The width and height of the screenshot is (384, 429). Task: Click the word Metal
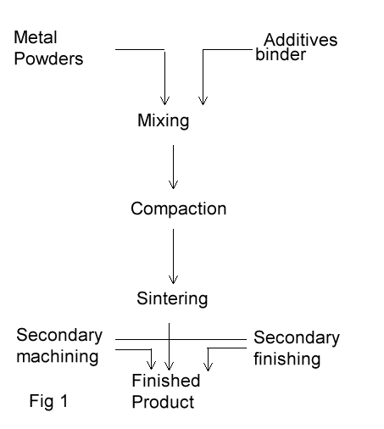[36, 37]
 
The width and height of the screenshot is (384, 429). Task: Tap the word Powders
[48, 58]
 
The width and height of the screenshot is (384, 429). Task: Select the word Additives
[301, 40]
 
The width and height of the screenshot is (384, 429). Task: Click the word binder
[281, 54]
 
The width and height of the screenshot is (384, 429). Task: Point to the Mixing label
[164, 121]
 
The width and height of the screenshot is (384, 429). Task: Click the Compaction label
[179, 209]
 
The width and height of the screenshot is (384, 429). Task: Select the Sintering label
[172, 298]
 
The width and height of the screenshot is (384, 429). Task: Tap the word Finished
[166, 381]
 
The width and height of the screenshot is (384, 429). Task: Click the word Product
[163, 402]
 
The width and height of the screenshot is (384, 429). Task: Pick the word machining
[58, 357]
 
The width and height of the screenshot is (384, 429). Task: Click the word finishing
[287, 359]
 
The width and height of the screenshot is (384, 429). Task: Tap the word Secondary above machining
[59, 336]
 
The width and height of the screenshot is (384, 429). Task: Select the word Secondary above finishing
[297, 337]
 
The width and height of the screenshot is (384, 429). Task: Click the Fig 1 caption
[48, 401]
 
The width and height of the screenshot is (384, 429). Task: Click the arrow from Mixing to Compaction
[173, 167]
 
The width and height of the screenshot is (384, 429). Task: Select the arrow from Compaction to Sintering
[173, 256]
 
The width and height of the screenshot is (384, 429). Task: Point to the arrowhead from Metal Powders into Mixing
[164, 101]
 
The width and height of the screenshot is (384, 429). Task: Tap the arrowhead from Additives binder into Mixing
[203, 101]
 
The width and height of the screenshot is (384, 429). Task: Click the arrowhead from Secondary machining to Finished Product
[152, 365]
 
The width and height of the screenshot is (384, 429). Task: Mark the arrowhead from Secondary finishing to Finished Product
[208, 366]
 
